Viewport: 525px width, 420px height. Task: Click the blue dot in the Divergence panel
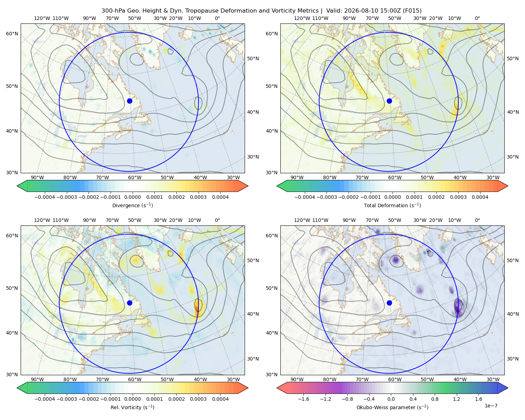[x=129, y=101]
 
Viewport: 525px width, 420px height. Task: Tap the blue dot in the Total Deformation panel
[x=389, y=101]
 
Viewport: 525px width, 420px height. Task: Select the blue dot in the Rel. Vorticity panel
[x=129, y=303]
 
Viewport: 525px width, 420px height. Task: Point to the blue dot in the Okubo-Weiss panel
[x=389, y=303]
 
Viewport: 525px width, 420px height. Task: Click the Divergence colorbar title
[x=132, y=205]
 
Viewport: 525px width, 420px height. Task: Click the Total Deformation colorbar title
[x=392, y=205]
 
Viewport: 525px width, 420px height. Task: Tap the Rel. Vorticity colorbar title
[x=132, y=407]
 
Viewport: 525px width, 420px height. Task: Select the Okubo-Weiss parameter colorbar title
[x=392, y=407]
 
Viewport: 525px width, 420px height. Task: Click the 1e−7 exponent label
[x=491, y=406]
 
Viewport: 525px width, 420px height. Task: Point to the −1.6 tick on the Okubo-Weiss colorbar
[x=303, y=399]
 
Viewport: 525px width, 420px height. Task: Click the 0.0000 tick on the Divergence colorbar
[x=132, y=197]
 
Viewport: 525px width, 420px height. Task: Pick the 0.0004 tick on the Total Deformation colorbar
[x=480, y=197]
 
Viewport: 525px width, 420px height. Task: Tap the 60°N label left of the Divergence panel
[x=12, y=34]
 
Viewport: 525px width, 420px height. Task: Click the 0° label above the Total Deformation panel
[x=477, y=18]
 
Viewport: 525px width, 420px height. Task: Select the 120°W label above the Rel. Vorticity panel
[x=42, y=220]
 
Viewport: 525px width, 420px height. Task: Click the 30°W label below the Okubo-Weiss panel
[x=493, y=379]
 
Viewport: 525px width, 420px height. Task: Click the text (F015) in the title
[x=412, y=11]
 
